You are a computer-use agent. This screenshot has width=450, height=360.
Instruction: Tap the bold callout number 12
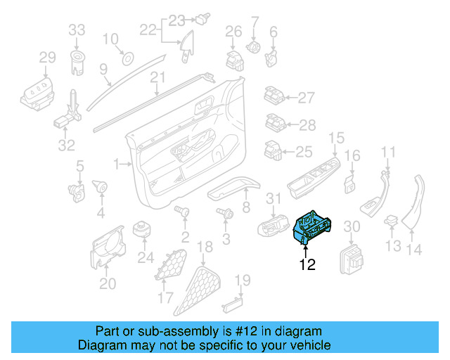[x=307, y=265]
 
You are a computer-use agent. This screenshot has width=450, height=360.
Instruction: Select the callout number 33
[x=77, y=30]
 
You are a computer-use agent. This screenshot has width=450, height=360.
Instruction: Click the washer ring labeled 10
[x=128, y=57]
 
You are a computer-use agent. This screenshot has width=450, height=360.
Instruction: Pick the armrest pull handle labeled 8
[x=232, y=186]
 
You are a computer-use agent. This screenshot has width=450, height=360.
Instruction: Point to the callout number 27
[x=306, y=98]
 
